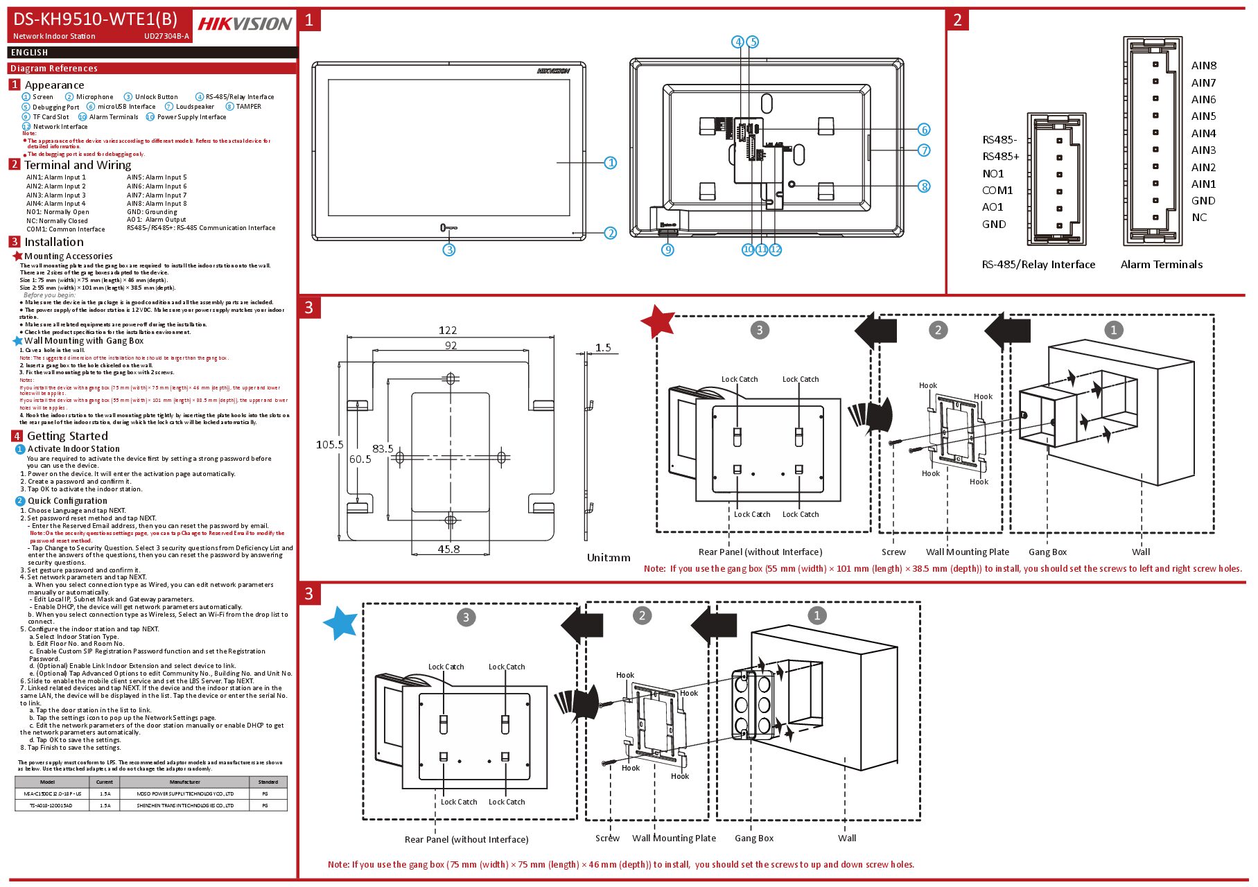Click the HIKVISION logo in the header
(x=245, y=24)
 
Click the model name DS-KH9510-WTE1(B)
(x=95, y=19)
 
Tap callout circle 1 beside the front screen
(x=610, y=163)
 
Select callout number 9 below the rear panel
(x=667, y=249)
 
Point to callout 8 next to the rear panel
(x=924, y=186)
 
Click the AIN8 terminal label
(x=1203, y=66)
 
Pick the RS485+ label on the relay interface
(x=1000, y=157)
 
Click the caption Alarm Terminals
(x=1161, y=265)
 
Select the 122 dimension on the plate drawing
(x=448, y=330)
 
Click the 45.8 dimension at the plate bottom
(x=448, y=549)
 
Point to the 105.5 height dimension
(x=329, y=444)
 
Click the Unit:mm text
(x=609, y=557)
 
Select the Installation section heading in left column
(x=54, y=242)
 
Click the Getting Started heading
(x=67, y=436)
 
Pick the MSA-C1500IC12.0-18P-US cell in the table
(x=52, y=793)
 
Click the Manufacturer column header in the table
(x=184, y=782)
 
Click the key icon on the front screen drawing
(x=448, y=228)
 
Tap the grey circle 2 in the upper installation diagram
(x=938, y=330)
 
